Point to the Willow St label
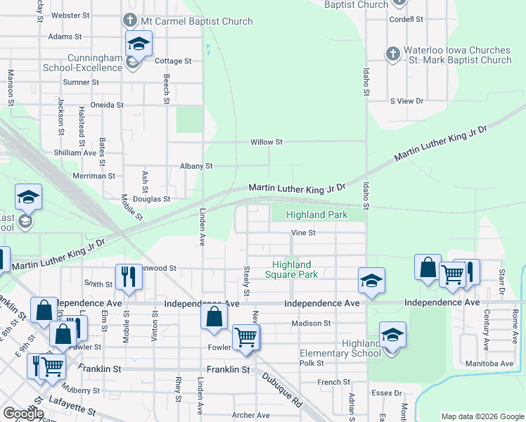(267, 142)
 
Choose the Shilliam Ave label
(75, 153)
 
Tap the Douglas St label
(152, 199)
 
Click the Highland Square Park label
(295, 269)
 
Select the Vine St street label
(304, 233)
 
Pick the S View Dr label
(407, 101)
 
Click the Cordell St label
(406, 20)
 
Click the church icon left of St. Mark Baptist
(392, 53)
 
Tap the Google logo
(23, 414)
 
